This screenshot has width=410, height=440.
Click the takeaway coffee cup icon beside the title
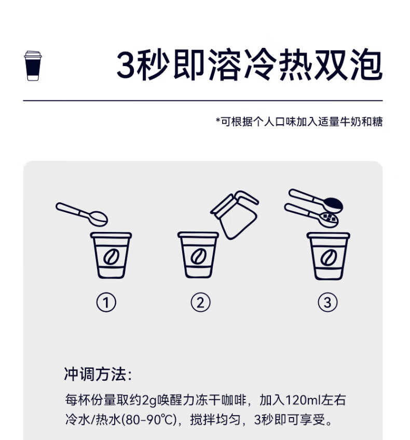coord(33,66)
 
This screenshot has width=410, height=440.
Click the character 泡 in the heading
coord(366,65)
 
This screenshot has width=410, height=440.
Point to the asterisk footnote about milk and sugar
coord(299,122)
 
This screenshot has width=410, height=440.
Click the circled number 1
coord(106,303)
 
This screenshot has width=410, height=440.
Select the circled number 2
coord(200,303)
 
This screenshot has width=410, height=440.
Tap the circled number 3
coord(328,303)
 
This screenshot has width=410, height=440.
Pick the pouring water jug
coord(235,215)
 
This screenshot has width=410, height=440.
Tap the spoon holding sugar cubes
coord(311,215)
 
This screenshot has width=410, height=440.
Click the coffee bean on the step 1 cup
coord(111,256)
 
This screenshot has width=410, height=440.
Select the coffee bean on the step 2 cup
coord(199,256)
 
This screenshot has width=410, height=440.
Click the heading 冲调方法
coord(95,374)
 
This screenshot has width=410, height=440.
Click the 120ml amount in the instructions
coord(303,400)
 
